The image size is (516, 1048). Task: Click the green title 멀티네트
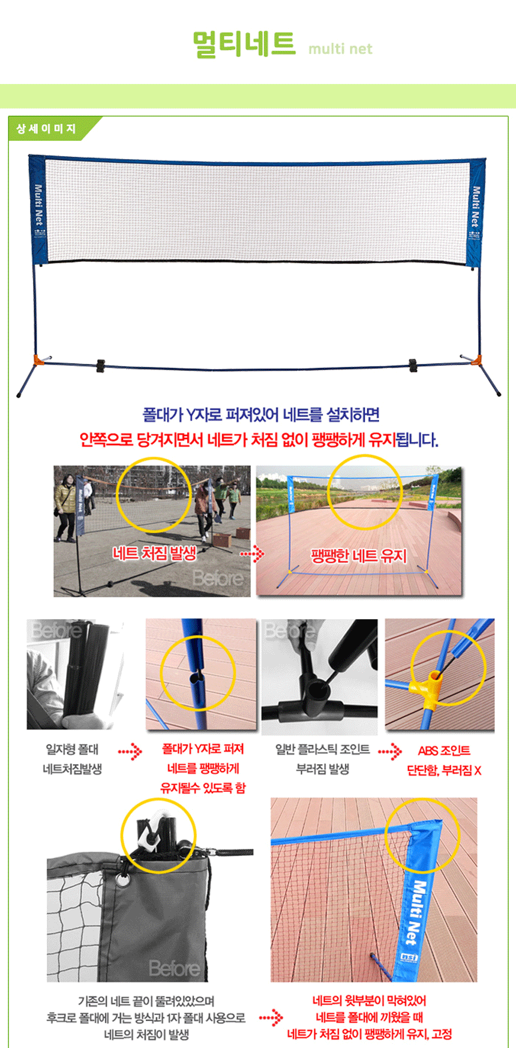click(244, 44)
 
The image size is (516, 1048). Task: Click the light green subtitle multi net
click(340, 49)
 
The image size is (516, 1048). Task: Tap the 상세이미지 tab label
click(46, 128)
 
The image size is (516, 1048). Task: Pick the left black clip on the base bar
click(100, 365)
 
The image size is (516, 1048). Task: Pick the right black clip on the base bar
click(413, 365)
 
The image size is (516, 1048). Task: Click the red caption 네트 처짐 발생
click(154, 552)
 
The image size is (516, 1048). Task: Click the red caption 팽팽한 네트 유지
click(358, 556)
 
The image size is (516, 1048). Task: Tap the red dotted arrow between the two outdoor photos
click(253, 553)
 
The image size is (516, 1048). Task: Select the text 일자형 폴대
click(72, 749)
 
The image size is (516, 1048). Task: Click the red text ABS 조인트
click(444, 750)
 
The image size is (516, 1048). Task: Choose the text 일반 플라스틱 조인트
click(322, 749)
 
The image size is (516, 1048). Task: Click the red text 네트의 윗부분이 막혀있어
click(369, 1000)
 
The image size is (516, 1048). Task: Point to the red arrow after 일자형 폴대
click(130, 750)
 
